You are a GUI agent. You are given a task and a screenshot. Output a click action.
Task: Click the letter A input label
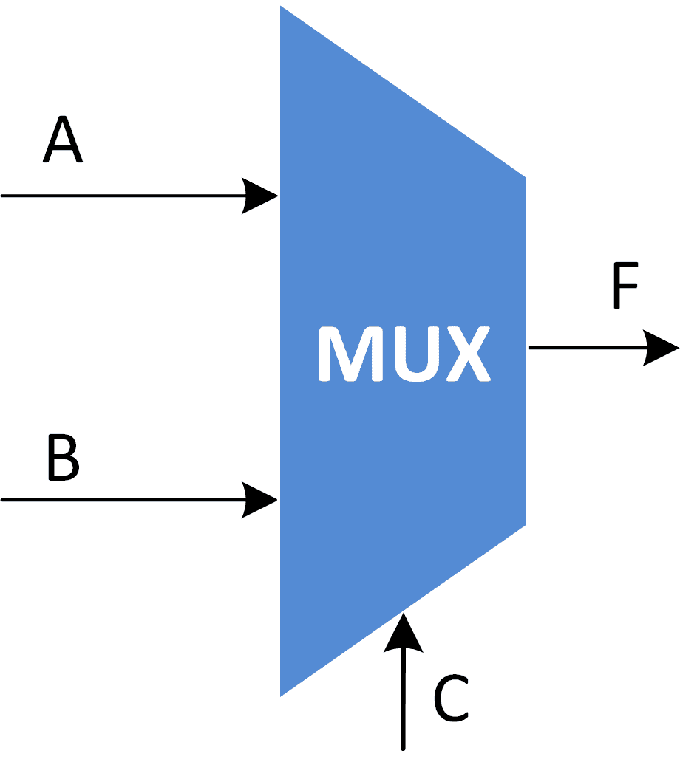pos(62,142)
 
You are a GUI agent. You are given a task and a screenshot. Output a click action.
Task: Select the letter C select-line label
pos(450,698)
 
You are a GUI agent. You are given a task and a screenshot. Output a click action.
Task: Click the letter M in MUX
pos(349,354)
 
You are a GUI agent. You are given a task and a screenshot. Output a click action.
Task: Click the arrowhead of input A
pos(261,196)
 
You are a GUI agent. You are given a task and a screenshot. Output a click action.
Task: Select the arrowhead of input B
pos(261,500)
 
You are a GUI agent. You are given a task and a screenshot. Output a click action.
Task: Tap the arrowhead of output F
pos(660,348)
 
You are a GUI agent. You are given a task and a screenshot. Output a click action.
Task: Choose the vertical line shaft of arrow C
pos(403,701)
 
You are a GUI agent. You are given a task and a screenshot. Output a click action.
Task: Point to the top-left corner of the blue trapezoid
pos(282,7)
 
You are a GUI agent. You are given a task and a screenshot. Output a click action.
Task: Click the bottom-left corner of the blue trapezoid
pos(282,695)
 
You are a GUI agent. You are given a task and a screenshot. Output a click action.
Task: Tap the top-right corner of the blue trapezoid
pos(525,178)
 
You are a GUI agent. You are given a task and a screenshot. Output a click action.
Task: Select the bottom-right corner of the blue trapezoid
pos(525,524)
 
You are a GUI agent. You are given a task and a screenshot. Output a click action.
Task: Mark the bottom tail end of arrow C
pos(403,748)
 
